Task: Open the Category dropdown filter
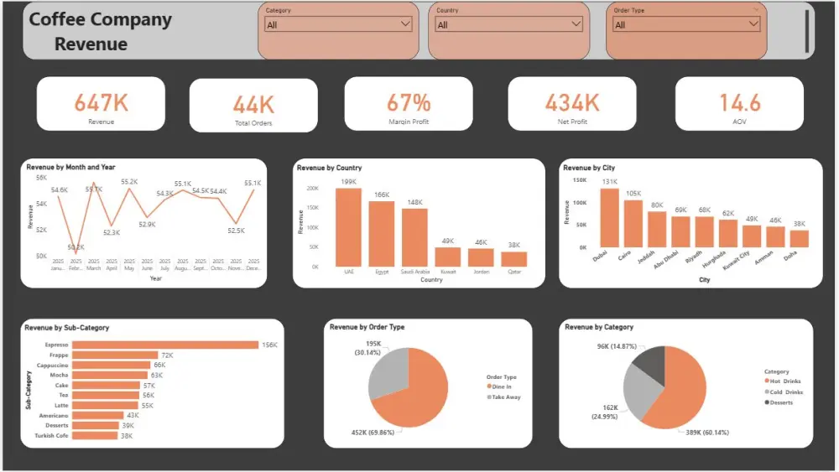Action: click(x=338, y=24)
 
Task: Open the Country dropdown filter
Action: click(x=508, y=24)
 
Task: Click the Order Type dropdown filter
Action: click(x=686, y=24)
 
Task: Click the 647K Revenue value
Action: click(x=101, y=102)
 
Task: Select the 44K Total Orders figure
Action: click(x=253, y=104)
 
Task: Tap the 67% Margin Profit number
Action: click(x=409, y=102)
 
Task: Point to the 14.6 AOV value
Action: click(x=739, y=102)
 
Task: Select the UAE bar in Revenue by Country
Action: click(x=348, y=226)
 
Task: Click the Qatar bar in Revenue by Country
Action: click(x=513, y=258)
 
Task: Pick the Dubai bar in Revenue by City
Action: click(x=608, y=218)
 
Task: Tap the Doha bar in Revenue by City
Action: click(x=799, y=238)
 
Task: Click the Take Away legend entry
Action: click(x=505, y=397)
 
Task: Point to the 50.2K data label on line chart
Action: click(x=76, y=247)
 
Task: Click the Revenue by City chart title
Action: click(x=589, y=168)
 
